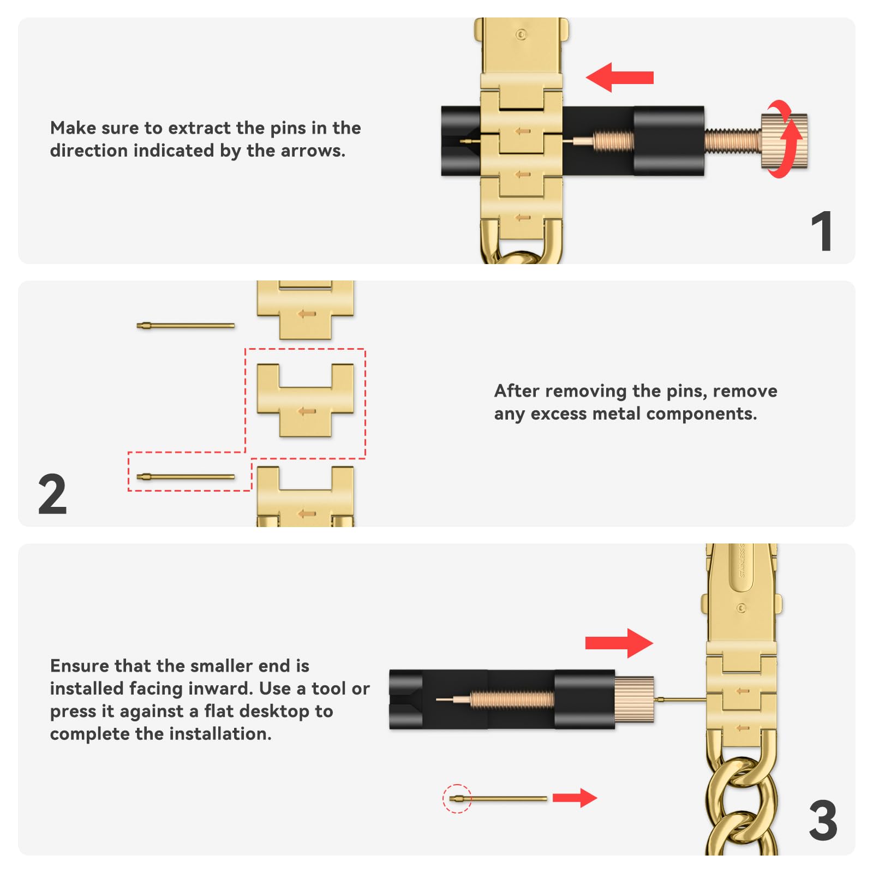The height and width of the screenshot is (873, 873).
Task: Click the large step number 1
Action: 822,232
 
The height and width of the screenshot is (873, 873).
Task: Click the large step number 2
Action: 52,494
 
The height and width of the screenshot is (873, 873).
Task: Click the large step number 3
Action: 823,821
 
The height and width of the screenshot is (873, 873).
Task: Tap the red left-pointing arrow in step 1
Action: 619,77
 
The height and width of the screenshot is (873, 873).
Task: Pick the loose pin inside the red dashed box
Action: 186,477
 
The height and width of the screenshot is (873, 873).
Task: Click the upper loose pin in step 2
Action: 186,326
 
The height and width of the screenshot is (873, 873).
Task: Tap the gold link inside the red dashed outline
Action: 305,401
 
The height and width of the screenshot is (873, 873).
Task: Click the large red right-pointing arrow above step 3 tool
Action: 619,643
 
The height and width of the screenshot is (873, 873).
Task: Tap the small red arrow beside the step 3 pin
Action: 575,798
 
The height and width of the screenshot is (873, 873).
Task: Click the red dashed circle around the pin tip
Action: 457,798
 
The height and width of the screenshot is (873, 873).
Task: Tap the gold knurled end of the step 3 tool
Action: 635,699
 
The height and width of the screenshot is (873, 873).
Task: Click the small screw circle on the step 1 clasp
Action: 521,34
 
